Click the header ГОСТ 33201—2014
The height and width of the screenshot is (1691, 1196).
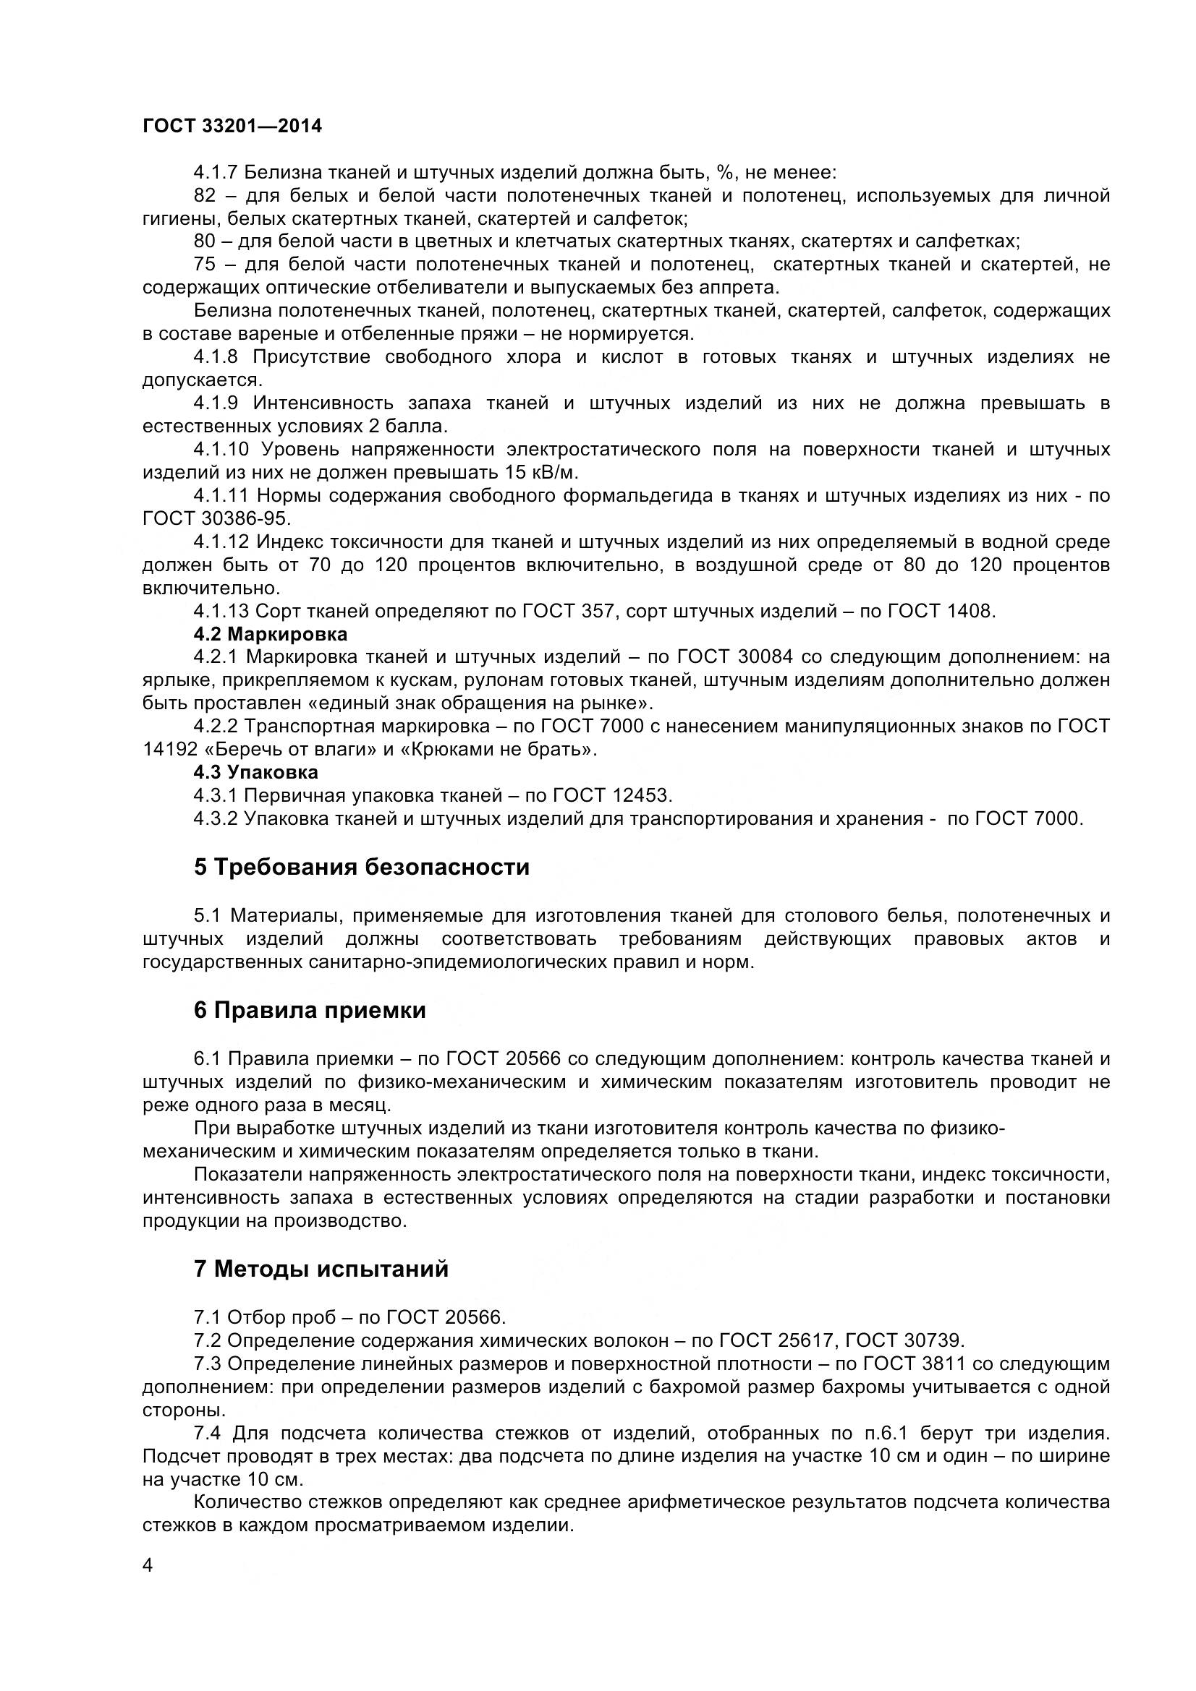tap(232, 127)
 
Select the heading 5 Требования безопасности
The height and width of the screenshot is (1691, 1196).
tap(361, 867)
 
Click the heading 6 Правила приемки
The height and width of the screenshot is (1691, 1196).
tap(310, 1011)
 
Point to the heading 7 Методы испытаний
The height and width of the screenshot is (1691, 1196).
tap(321, 1269)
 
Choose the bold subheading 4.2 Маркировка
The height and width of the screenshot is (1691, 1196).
tap(271, 634)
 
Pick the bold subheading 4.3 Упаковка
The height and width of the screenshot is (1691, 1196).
tap(255, 773)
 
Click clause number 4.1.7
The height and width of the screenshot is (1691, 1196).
tap(215, 173)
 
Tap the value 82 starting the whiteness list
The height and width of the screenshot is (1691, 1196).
tap(205, 196)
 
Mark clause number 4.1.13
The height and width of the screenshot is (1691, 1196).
tap(221, 612)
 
